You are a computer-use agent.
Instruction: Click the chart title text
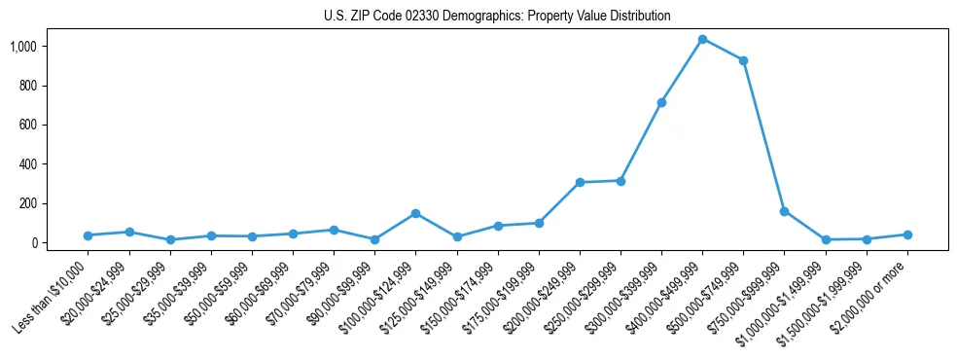497,16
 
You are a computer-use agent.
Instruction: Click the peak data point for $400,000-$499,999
702,39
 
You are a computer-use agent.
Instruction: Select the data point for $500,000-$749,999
743,60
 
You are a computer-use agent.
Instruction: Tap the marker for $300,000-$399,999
661,102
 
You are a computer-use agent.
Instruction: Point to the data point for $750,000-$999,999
784,211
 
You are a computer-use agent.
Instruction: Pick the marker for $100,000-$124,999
415,213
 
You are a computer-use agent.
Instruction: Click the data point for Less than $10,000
88,235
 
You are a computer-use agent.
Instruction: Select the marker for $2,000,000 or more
907,234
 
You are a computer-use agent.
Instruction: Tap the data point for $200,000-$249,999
580,182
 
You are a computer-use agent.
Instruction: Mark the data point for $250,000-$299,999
620,180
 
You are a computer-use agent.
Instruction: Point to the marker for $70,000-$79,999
334,230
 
